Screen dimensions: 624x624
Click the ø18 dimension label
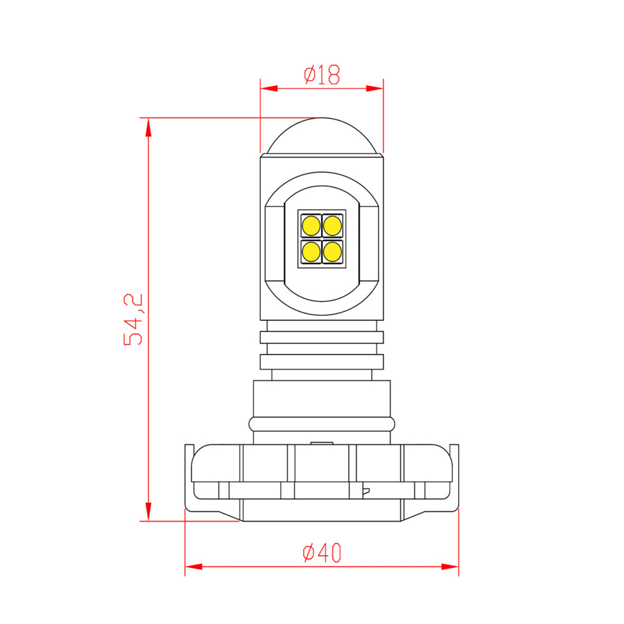click(x=322, y=75)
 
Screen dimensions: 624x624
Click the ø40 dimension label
click(x=322, y=552)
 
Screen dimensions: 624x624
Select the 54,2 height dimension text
click(x=134, y=319)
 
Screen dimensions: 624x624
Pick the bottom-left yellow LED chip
click(x=310, y=251)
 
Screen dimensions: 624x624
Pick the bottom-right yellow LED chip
click(x=333, y=251)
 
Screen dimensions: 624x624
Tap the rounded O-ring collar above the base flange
click(x=321, y=424)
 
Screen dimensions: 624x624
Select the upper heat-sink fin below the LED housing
click(x=321, y=337)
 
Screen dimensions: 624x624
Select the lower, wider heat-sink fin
click(x=321, y=362)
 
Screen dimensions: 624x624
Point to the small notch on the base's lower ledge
click(x=367, y=490)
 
